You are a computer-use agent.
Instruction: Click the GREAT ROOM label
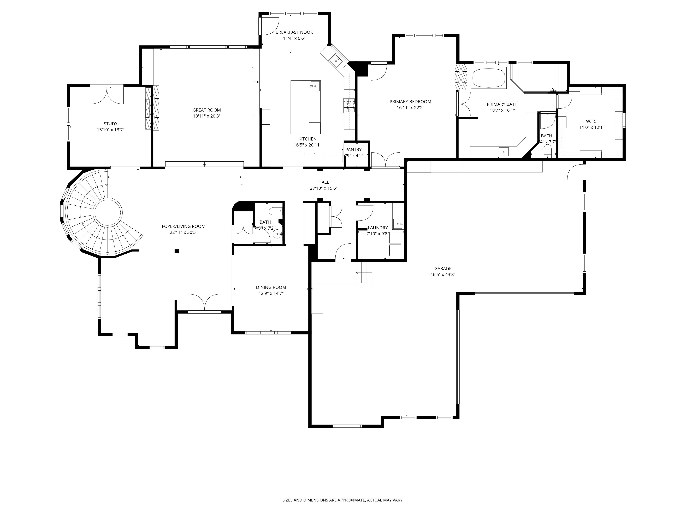pos(206,110)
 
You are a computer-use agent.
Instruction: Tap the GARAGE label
pos(442,269)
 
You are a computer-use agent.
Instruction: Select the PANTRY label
pos(353,150)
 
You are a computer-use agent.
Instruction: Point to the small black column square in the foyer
pos(177,251)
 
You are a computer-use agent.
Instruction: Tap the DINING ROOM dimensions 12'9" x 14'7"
pos(271,293)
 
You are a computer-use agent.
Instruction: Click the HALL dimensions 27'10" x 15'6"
pos(323,188)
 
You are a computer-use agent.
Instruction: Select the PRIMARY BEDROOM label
pos(410,102)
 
